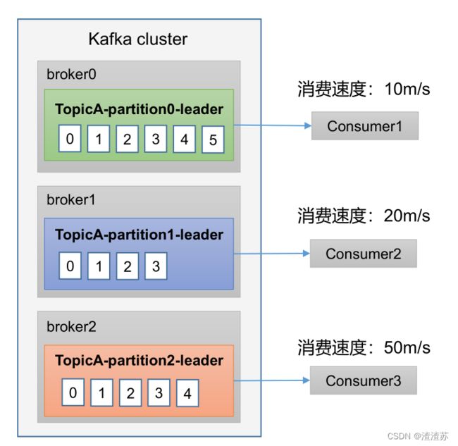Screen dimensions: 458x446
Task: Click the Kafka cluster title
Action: (138, 39)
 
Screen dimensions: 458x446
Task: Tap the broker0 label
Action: (71, 74)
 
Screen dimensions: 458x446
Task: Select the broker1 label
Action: (71, 200)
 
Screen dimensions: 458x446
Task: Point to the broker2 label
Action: (71, 326)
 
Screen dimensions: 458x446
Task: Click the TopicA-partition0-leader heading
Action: (139, 109)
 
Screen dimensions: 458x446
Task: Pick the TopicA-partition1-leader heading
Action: (139, 235)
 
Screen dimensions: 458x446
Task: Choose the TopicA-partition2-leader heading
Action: (139, 361)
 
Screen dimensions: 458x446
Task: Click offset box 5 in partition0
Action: (213, 140)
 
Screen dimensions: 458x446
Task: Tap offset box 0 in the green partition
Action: (70, 138)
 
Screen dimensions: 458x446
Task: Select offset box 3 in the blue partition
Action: (156, 266)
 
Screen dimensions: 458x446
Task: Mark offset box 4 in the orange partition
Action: (187, 393)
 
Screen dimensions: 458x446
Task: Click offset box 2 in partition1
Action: (128, 266)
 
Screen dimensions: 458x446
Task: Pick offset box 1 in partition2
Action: (101, 393)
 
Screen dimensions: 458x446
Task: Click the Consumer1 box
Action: (365, 126)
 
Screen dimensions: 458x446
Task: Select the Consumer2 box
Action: (364, 254)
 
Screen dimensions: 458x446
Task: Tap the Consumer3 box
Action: (364, 380)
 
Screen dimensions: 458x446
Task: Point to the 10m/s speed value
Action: (407, 89)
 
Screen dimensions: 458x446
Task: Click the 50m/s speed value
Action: (407, 347)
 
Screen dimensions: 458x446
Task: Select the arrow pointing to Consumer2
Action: (272, 254)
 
